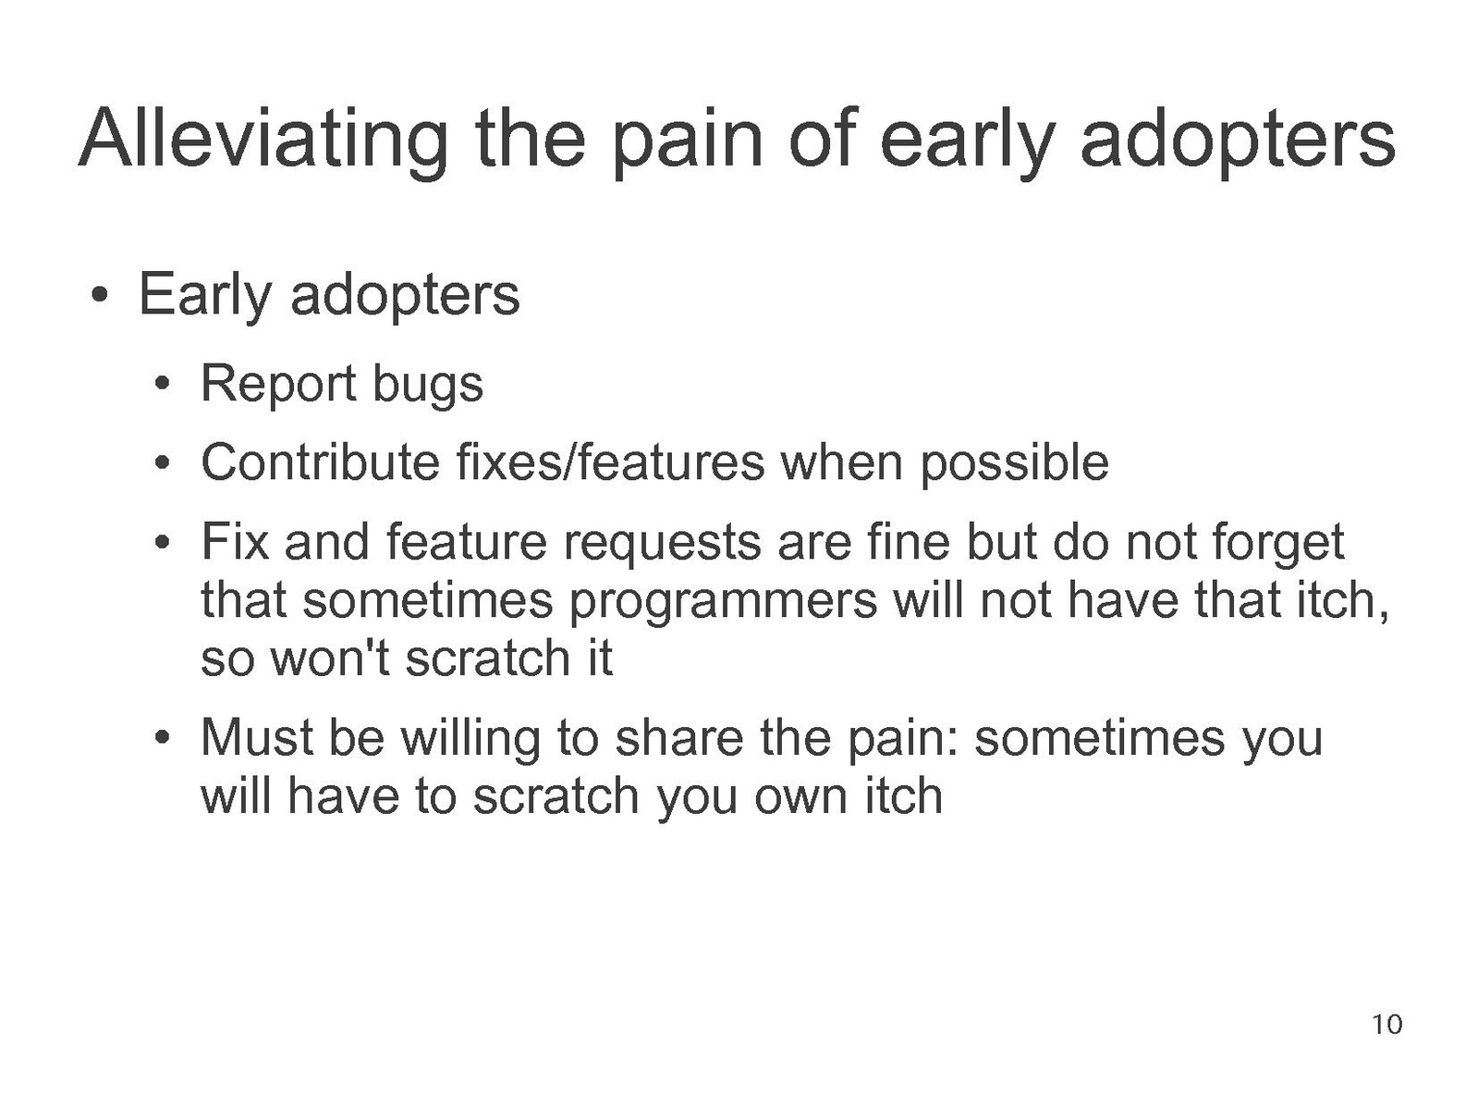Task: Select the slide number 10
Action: [1387, 1024]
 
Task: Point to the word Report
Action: [278, 385]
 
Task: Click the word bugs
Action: [428, 385]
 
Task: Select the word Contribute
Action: [321, 462]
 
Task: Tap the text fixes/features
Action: [611, 462]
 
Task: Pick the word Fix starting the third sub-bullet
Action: [235, 541]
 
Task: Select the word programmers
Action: [724, 602]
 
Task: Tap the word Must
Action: [257, 738]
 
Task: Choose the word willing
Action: [470, 739]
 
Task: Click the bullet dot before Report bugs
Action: [162, 384]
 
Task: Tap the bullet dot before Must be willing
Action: [162, 737]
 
